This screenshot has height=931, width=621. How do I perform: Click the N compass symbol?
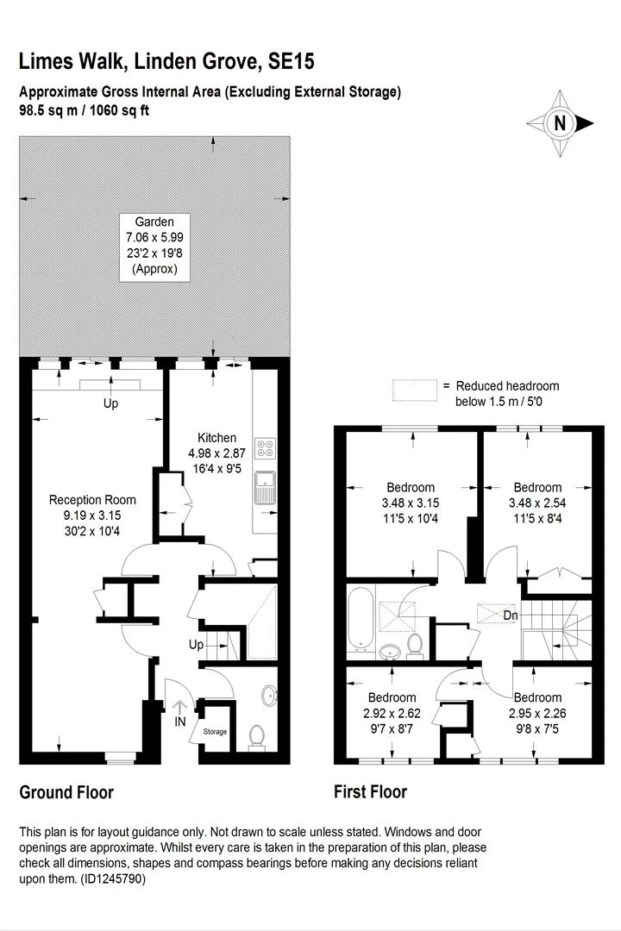pyautogui.click(x=560, y=123)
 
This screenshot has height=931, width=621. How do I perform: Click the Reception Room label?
pyautogui.click(x=92, y=515)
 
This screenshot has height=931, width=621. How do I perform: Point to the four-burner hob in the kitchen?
pyautogui.click(x=265, y=448)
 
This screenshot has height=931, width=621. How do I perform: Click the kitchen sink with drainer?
pyautogui.click(x=265, y=487)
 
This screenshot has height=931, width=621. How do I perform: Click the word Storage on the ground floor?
pyautogui.click(x=215, y=732)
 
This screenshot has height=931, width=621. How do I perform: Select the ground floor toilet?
pyautogui.click(x=257, y=737)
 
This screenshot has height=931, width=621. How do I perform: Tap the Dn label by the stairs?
pyautogui.click(x=511, y=615)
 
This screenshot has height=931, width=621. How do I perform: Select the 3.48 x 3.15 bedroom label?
pyautogui.click(x=411, y=503)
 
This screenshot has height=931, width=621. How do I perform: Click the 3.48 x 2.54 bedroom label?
pyautogui.click(x=537, y=503)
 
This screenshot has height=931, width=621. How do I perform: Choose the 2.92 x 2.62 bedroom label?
pyautogui.click(x=392, y=713)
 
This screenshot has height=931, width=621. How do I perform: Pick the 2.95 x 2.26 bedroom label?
pyautogui.click(x=537, y=713)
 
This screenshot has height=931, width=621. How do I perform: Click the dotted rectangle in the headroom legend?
pyautogui.click(x=414, y=391)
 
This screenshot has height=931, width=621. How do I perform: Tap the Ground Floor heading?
pyautogui.click(x=66, y=792)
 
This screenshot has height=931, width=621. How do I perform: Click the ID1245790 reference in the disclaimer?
pyautogui.click(x=113, y=878)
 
